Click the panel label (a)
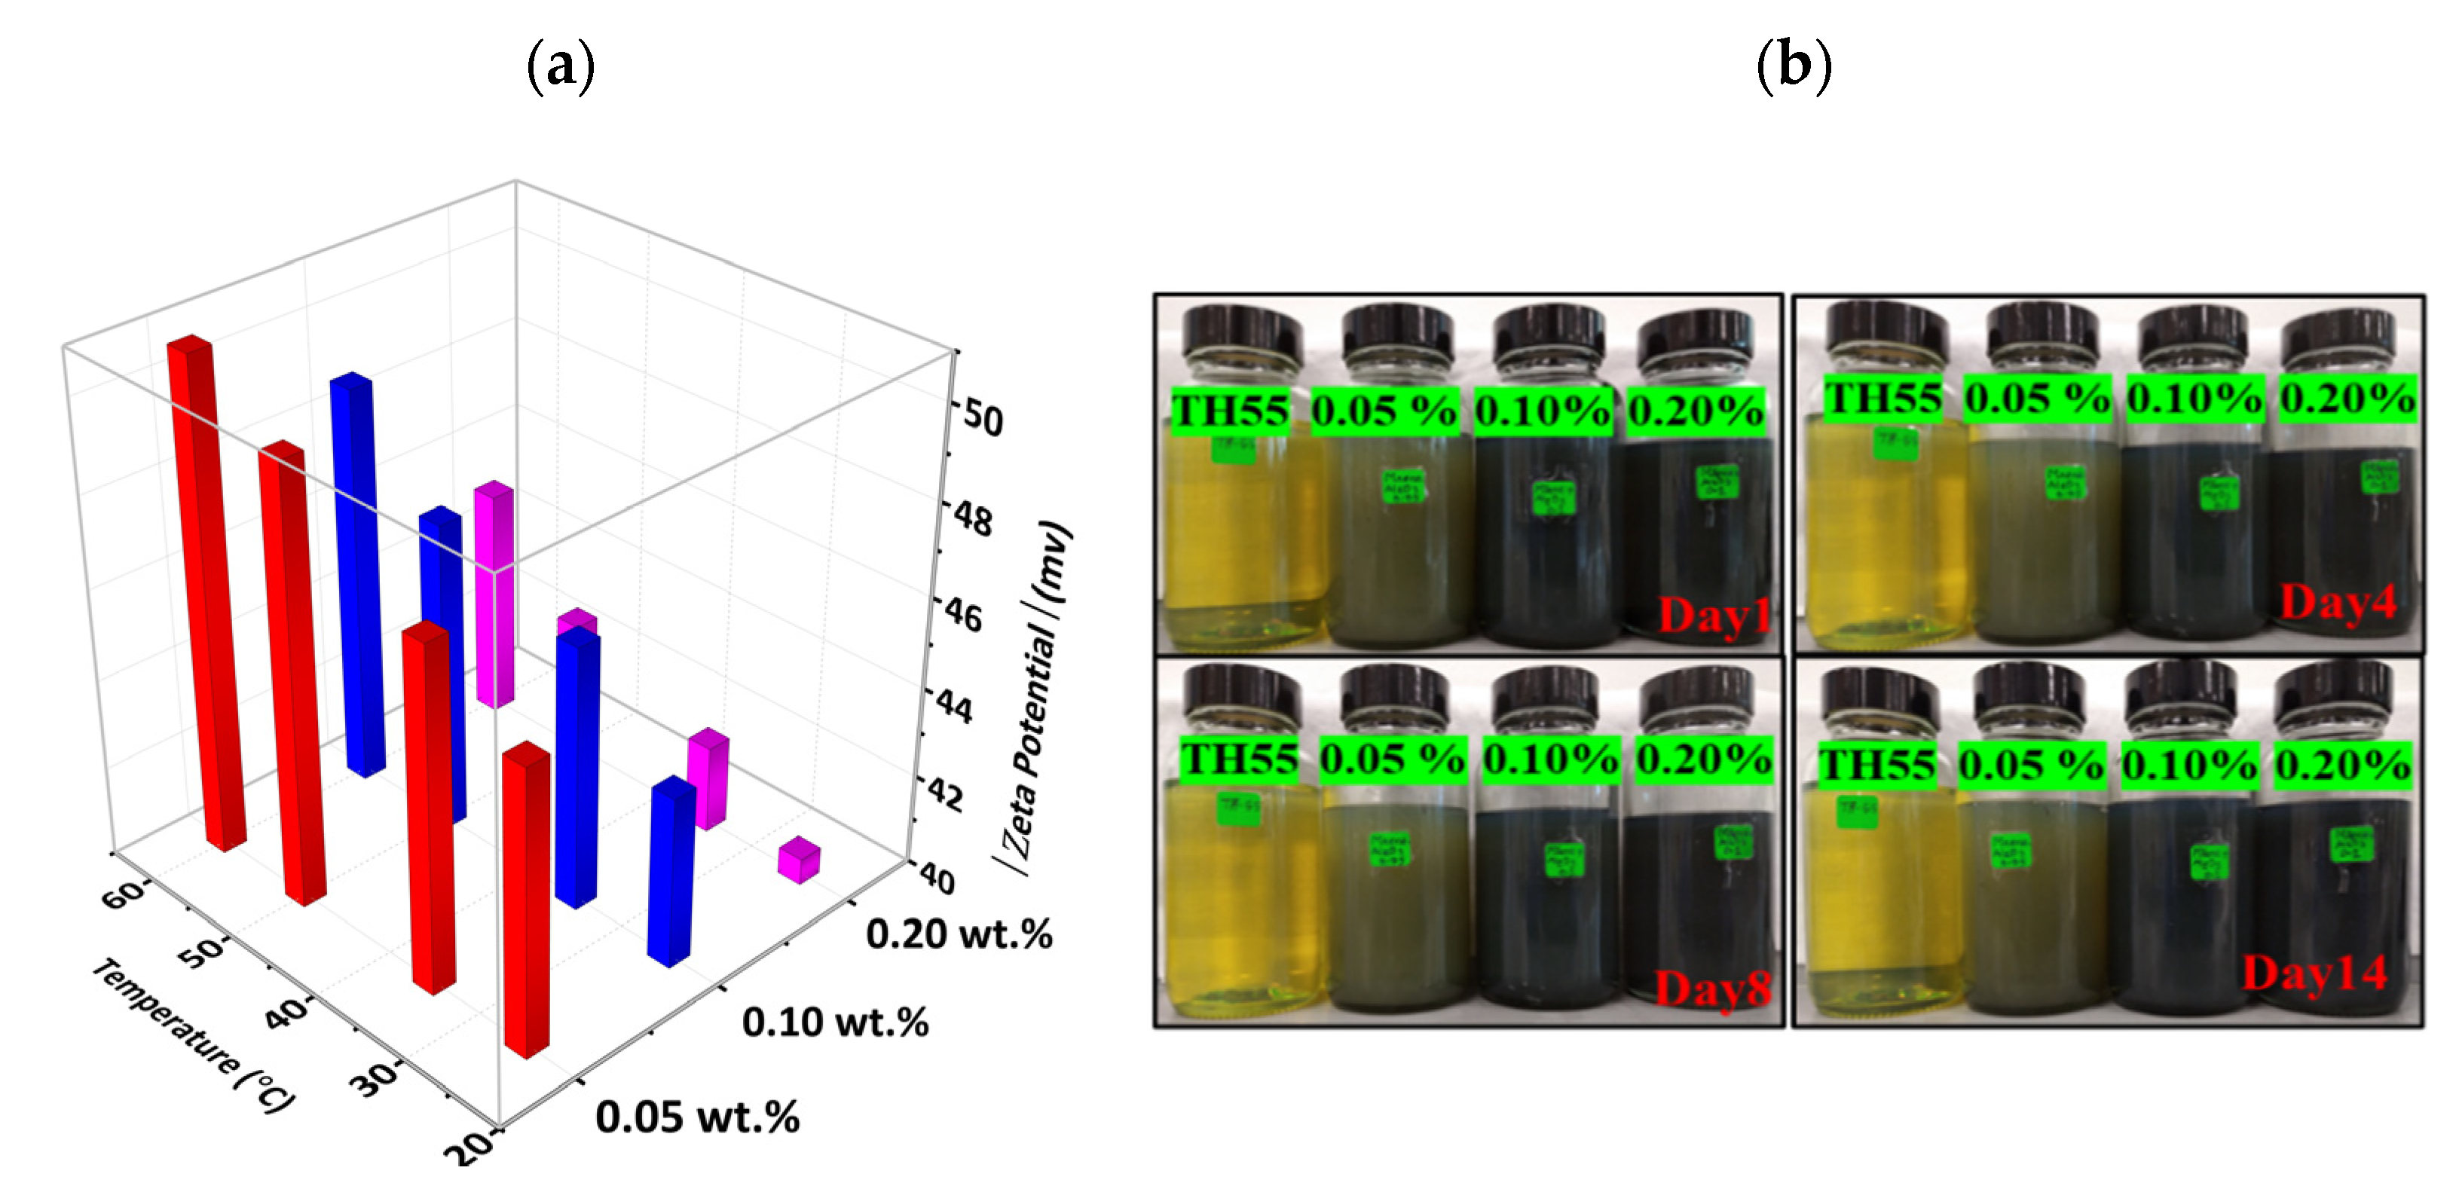[561, 67]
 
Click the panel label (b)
[1794, 67]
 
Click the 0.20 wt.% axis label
[959, 934]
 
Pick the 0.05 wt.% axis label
[697, 1117]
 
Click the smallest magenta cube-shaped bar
[798, 860]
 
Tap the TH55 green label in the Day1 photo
[1230, 411]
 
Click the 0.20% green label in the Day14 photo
[2341, 766]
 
